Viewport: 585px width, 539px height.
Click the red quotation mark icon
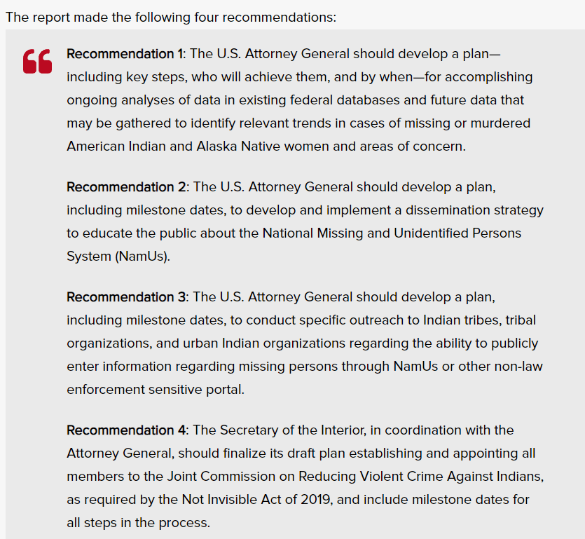(37, 62)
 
